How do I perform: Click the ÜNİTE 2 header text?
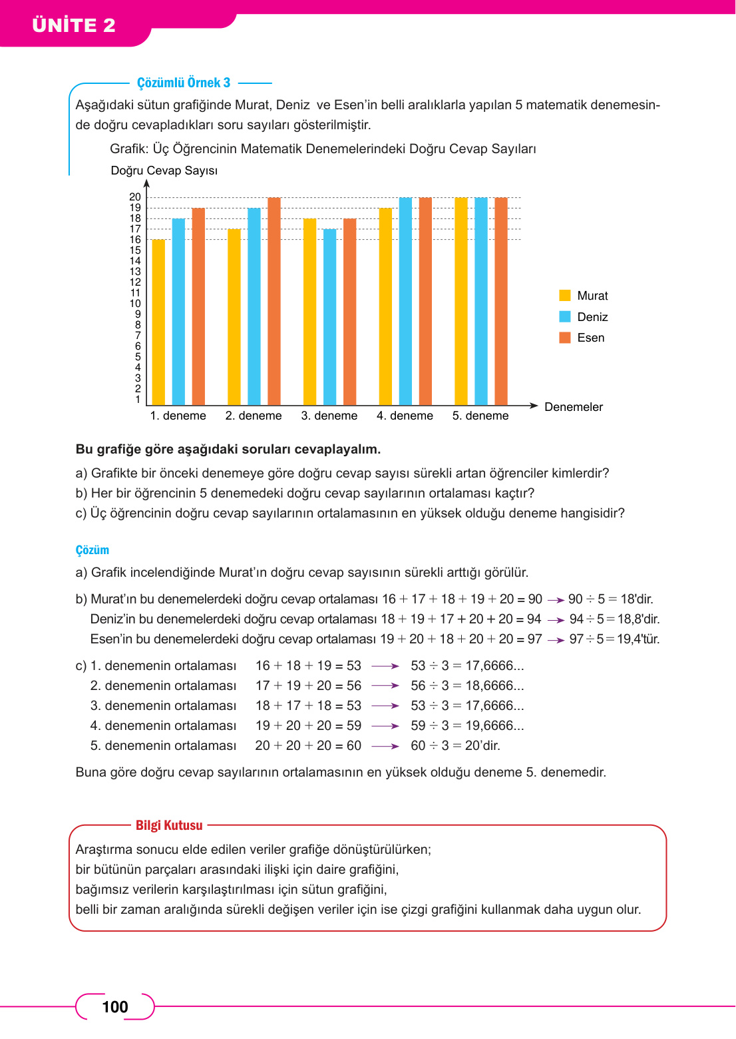(x=74, y=25)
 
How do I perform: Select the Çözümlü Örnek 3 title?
(x=184, y=83)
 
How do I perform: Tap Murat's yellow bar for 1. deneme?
(x=158, y=322)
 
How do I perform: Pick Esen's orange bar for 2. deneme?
(x=274, y=301)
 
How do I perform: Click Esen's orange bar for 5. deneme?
(x=501, y=301)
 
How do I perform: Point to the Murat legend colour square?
(x=565, y=296)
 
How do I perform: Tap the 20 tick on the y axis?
(x=135, y=197)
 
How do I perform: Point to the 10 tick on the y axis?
(x=135, y=304)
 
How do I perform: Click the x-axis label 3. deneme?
(x=329, y=416)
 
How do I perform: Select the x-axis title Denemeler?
(x=573, y=407)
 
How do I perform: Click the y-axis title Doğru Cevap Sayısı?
(x=164, y=171)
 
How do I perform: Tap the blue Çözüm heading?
(x=92, y=550)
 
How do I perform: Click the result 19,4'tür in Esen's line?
(x=638, y=639)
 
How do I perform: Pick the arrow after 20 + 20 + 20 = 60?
(x=385, y=746)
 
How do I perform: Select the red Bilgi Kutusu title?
(x=169, y=825)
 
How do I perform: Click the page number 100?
(x=115, y=1007)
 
